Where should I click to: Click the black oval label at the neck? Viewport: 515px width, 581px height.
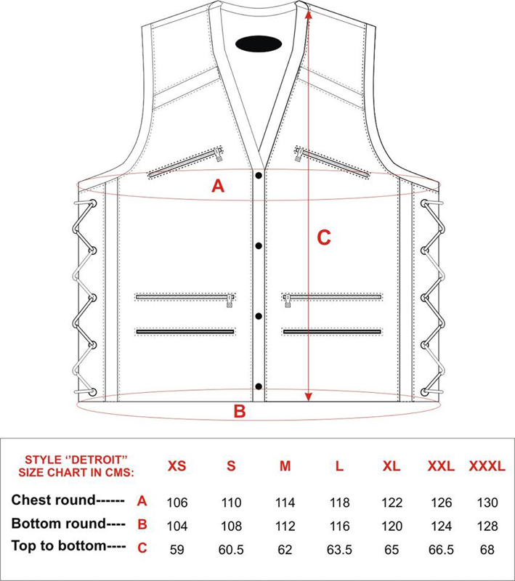click(x=259, y=44)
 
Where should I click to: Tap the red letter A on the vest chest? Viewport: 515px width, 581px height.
click(x=218, y=185)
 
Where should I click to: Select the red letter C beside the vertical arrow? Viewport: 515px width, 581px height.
click(x=324, y=237)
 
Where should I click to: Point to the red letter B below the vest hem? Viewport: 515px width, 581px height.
click(x=240, y=411)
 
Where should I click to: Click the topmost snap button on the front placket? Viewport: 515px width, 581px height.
click(x=259, y=175)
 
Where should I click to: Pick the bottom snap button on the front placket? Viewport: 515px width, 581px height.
click(x=259, y=386)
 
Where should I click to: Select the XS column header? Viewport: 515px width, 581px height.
click(x=177, y=466)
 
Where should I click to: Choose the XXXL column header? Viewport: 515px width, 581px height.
click(x=487, y=466)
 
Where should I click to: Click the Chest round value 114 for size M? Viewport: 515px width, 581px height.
click(x=285, y=503)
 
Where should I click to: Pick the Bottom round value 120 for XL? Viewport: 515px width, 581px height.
click(x=392, y=526)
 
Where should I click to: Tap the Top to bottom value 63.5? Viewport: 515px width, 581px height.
click(x=339, y=549)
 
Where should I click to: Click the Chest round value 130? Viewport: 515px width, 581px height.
click(x=487, y=503)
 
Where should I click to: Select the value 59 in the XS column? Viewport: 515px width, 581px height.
click(x=177, y=549)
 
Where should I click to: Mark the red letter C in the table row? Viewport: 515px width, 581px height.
click(x=142, y=548)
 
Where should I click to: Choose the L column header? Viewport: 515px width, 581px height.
click(x=339, y=466)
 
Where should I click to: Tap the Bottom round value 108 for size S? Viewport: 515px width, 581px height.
click(x=231, y=526)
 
